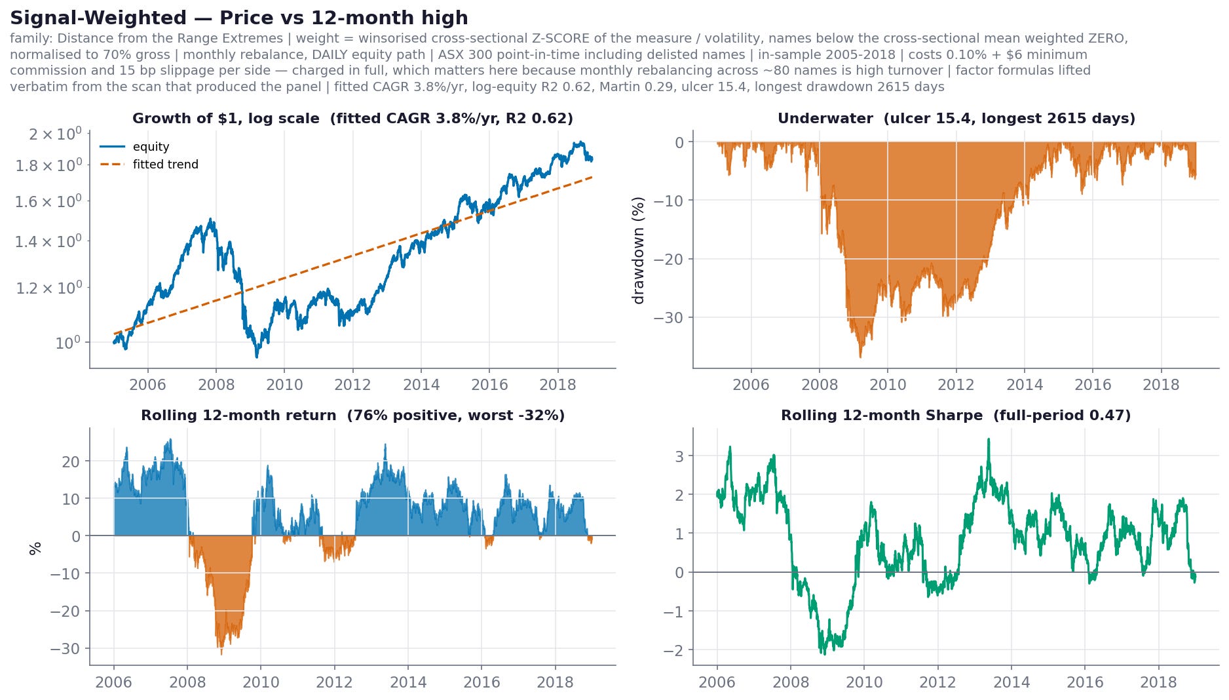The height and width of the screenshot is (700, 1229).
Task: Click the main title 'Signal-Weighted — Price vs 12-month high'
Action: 239,18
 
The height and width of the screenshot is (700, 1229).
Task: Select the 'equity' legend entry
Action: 151,147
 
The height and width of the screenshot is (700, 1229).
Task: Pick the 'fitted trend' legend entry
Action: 165,165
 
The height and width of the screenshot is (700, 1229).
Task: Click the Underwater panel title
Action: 956,119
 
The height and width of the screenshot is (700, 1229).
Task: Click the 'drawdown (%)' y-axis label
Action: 638,250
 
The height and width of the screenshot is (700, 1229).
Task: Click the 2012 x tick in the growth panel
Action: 352,385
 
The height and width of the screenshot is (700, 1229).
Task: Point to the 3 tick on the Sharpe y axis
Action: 679,456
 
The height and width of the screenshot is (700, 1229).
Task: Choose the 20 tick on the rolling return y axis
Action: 71,462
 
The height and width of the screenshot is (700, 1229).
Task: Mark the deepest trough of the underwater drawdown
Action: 860,357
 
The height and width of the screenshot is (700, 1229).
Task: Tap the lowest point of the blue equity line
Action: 257,357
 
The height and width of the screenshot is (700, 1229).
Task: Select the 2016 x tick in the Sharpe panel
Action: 1085,682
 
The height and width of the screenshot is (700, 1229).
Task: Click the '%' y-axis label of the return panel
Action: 35,548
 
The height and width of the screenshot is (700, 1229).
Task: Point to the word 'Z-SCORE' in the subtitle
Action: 550,39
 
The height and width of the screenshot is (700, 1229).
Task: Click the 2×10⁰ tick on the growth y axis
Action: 55,134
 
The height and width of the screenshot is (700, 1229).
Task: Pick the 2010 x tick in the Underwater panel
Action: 888,385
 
